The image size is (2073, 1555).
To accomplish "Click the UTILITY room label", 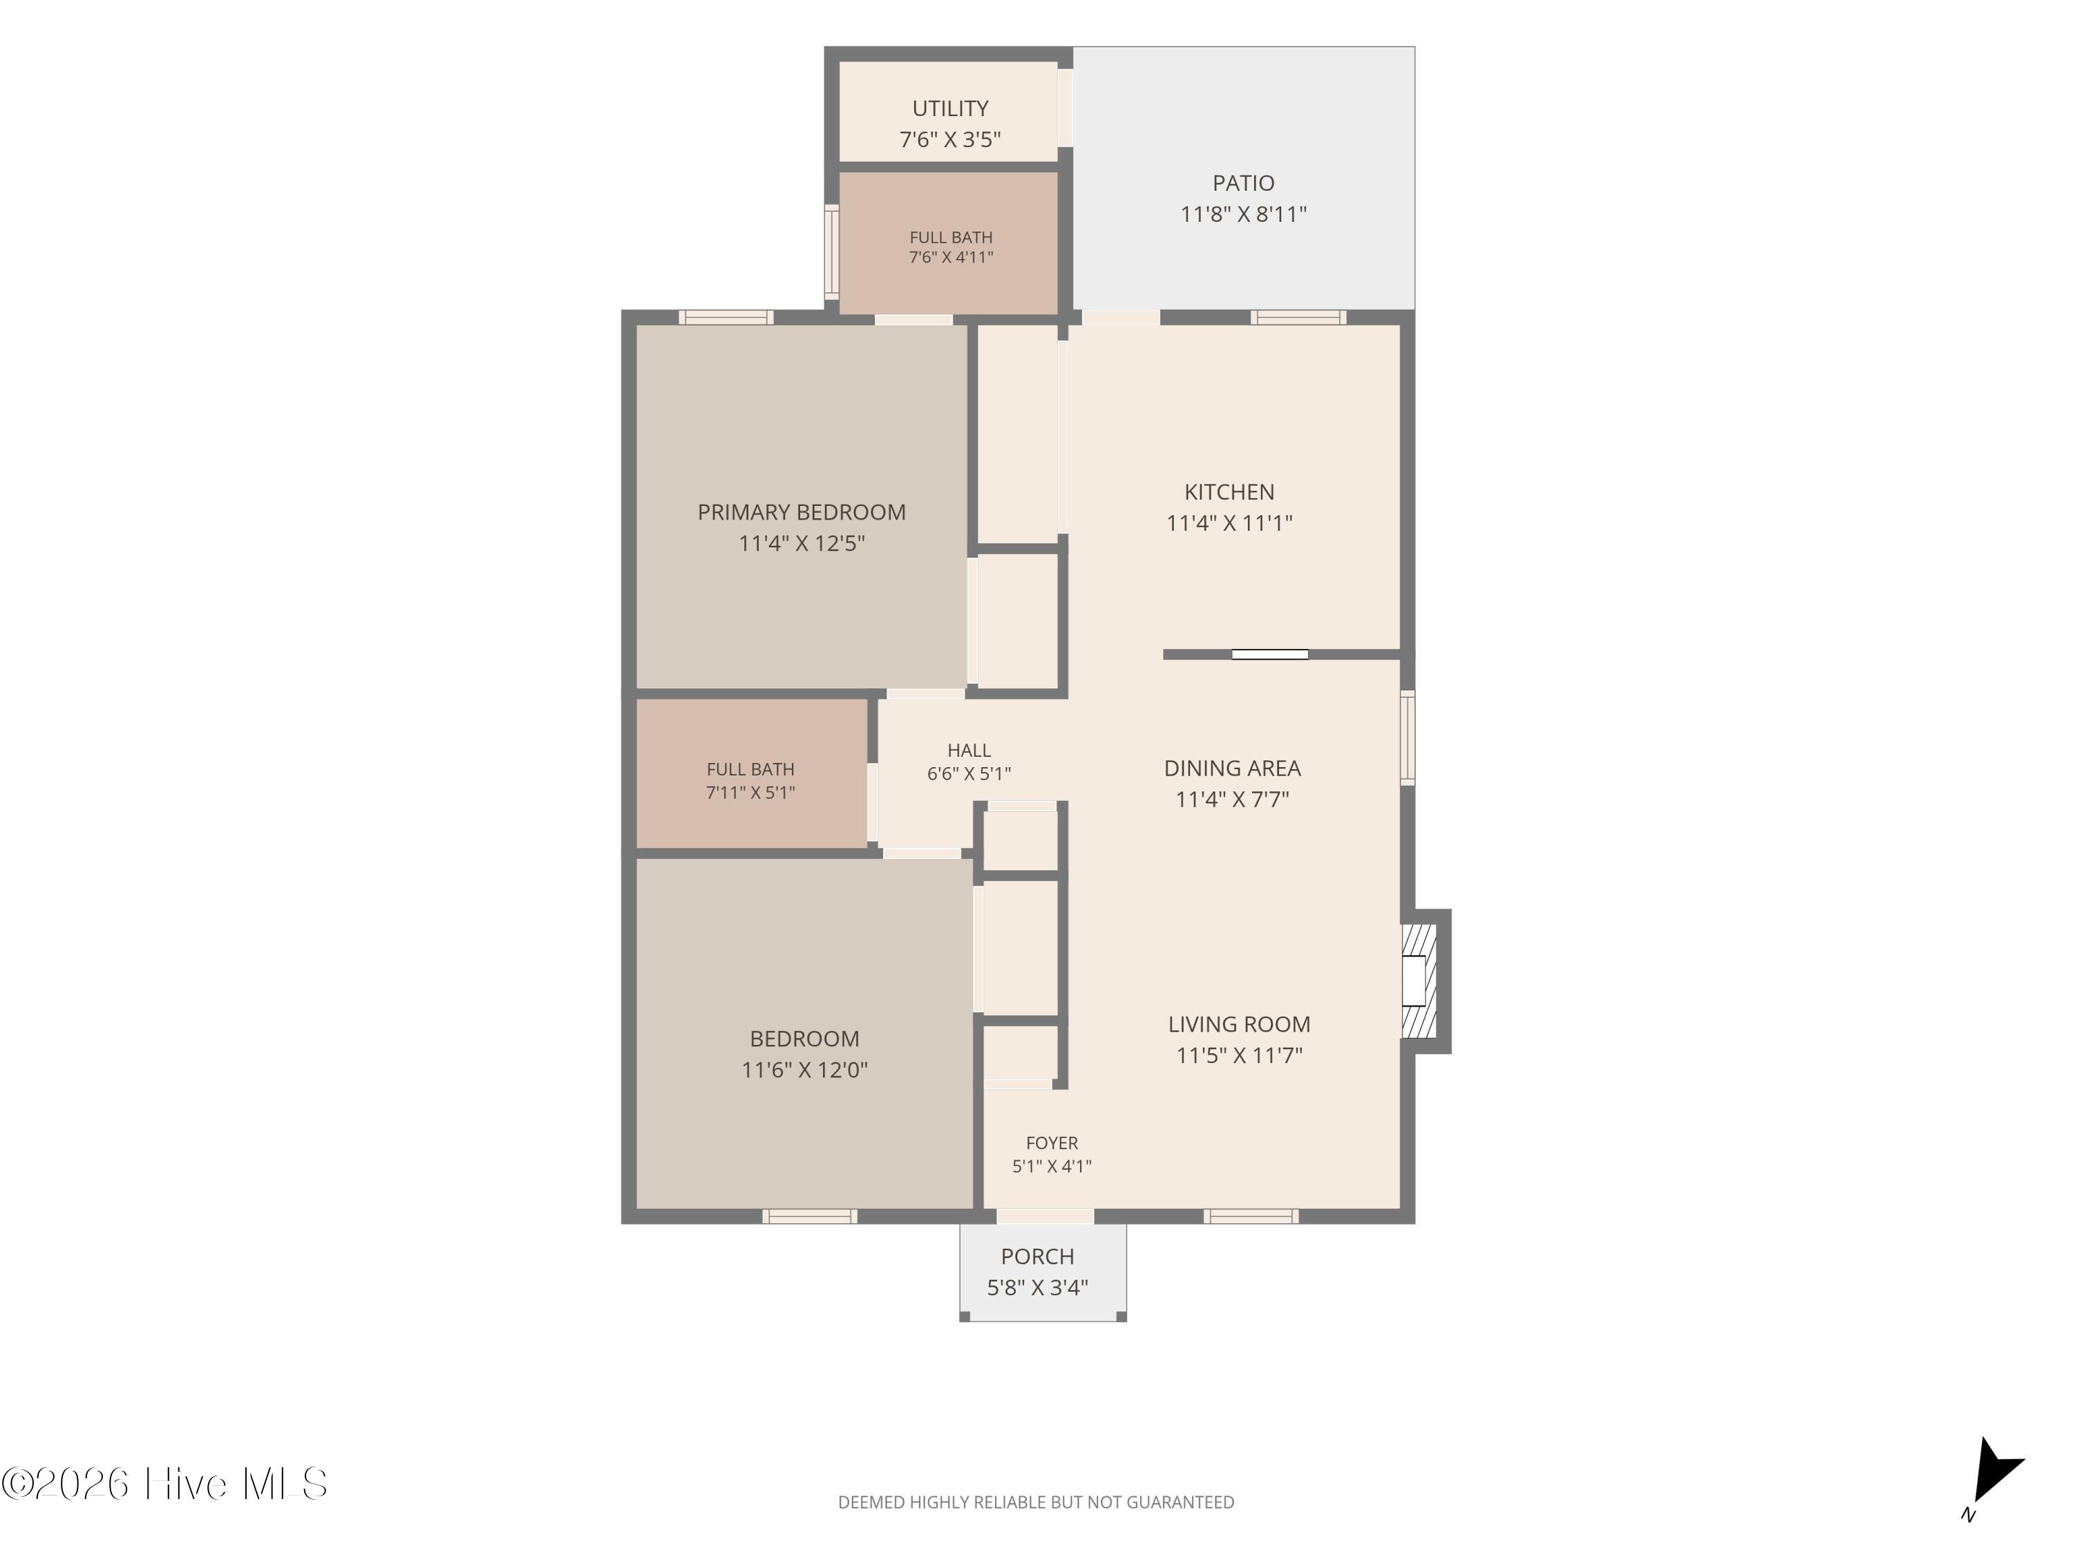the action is click(x=950, y=108).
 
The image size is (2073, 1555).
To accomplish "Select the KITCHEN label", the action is click(x=1229, y=491).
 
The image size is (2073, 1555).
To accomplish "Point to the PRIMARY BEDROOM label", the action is click(x=802, y=512).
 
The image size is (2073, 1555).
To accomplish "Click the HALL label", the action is click(x=969, y=750).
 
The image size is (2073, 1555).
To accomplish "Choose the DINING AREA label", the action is click(x=1232, y=768).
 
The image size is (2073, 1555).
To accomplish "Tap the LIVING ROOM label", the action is click(x=1239, y=1024).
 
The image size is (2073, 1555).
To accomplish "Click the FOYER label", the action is click(x=1052, y=1142).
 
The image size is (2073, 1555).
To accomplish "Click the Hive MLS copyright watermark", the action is click(x=165, y=1484).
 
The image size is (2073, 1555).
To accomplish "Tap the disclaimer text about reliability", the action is click(x=1036, y=1502).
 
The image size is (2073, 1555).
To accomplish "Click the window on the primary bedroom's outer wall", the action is click(x=726, y=317).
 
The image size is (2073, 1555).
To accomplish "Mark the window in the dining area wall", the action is click(x=1408, y=737).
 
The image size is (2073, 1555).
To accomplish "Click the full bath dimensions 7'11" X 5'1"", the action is click(x=750, y=792).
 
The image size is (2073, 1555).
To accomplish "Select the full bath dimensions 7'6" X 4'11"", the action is click(x=950, y=257).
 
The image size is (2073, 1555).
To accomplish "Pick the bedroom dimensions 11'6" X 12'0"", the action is click(x=804, y=1069).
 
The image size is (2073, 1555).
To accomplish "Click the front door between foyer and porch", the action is click(x=1045, y=1216).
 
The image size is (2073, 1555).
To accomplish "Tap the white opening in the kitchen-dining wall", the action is click(x=1270, y=654).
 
